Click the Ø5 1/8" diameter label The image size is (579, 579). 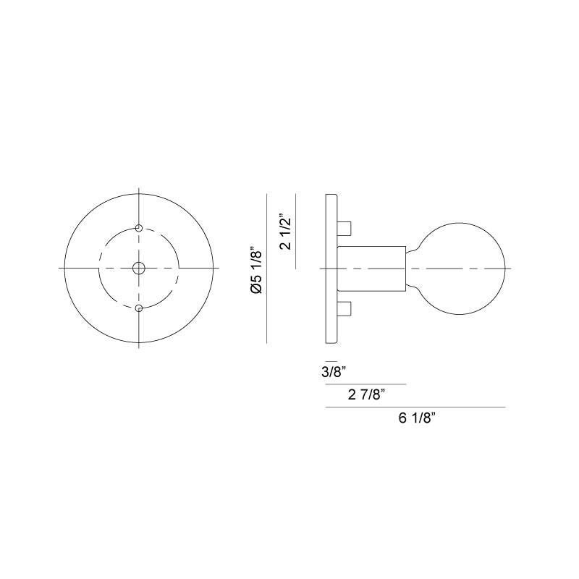pyautogui.click(x=254, y=270)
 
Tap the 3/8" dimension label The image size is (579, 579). pyautogui.click(x=334, y=372)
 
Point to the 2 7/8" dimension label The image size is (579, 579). pyautogui.click(x=365, y=394)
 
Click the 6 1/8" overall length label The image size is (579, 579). pyautogui.click(x=415, y=418)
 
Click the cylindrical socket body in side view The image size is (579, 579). pyautogui.click(x=371, y=269)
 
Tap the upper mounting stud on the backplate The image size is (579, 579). pyautogui.click(x=345, y=229)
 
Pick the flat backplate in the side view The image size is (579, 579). pyautogui.click(x=331, y=269)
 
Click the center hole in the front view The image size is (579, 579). pyautogui.click(x=138, y=269)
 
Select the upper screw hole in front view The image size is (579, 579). pyautogui.click(x=138, y=228)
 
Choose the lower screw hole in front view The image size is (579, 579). pyautogui.click(x=138, y=309)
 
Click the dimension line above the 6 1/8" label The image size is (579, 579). pyautogui.click(x=415, y=407)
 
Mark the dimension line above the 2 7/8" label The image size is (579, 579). pyautogui.click(x=365, y=384)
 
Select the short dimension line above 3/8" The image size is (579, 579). pyautogui.click(x=331, y=360)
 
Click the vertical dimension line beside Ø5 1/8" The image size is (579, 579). pyautogui.click(x=268, y=269)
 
